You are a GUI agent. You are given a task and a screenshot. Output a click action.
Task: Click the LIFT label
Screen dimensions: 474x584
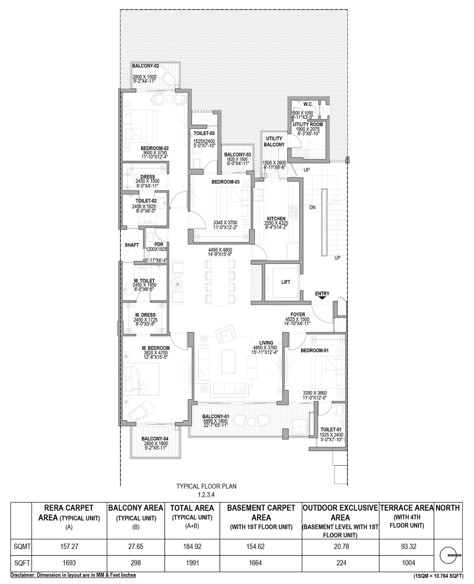coord(286,282)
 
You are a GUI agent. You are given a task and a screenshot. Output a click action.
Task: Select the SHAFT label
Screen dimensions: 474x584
coord(132,245)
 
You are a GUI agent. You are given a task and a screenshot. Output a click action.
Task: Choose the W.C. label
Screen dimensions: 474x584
coord(308,104)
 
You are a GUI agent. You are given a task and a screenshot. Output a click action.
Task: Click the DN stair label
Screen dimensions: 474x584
coord(312,208)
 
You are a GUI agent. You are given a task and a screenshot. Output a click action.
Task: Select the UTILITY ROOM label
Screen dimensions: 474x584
coord(308,124)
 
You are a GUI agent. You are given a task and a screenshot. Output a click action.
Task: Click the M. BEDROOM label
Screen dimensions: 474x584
coord(156,348)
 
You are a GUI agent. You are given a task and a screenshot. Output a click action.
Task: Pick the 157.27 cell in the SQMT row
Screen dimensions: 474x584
coord(69,546)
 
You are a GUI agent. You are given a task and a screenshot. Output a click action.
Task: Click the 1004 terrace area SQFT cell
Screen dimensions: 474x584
coord(408,563)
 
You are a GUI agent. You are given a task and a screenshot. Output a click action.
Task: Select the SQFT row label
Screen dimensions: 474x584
coord(22,563)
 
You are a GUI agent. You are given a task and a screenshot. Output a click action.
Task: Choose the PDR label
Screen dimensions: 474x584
coord(159,244)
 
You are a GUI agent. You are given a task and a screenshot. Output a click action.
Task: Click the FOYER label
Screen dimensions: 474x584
coord(298,314)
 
